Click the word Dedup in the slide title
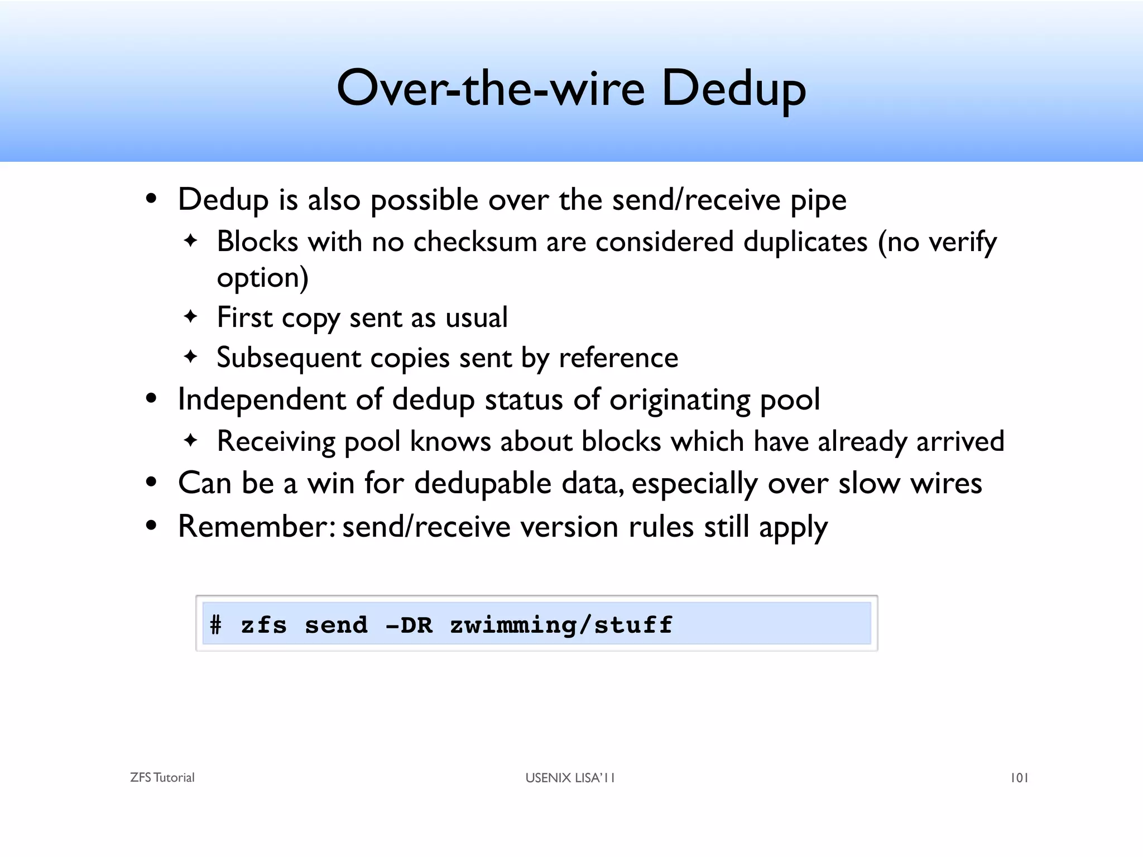tap(733, 89)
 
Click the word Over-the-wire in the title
tap(491, 89)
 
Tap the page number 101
tap(1019, 778)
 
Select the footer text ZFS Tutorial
tap(162, 778)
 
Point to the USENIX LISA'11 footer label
tap(570, 778)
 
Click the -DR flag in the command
tap(409, 625)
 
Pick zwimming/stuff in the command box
tap(561, 625)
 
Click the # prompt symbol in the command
tap(215, 625)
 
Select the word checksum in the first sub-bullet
tap(474, 242)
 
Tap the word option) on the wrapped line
tap(262, 278)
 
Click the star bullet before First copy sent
tap(191, 316)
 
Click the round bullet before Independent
tap(151, 399)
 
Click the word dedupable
tap(483, 483)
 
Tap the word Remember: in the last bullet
tap(257, 526)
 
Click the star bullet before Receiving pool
tap(191, 440)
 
